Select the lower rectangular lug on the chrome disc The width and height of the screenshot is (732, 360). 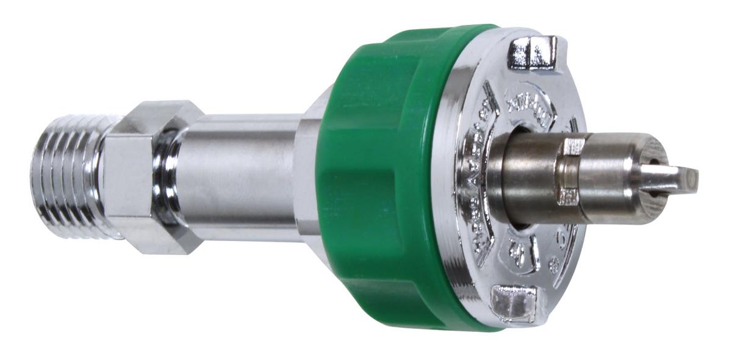513,303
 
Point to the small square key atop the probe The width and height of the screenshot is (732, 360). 573,147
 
